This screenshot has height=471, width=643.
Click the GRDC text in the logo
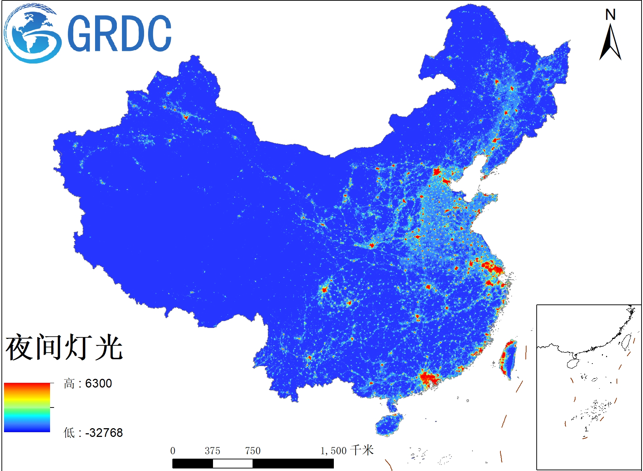coord(119,33)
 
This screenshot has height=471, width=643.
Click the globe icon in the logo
coord(32,33)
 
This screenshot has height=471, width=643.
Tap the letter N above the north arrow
coord(610,15)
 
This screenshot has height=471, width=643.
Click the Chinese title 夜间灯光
coord(64,347)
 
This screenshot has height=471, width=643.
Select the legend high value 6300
coord(98,384)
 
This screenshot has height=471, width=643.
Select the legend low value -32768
coord(104,433)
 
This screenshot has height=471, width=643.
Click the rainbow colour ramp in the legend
coord(27,407)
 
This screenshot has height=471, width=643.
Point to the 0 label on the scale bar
coord(173,451)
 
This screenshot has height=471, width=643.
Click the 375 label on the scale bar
coord(212,451)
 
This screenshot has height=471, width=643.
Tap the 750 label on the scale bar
coord(253,451)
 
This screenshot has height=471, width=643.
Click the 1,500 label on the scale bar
coord(333,451)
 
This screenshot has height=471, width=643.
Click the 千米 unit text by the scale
coord(362,450)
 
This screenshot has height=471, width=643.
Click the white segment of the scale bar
coord(233,463)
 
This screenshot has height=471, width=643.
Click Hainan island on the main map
coord(389,424)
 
